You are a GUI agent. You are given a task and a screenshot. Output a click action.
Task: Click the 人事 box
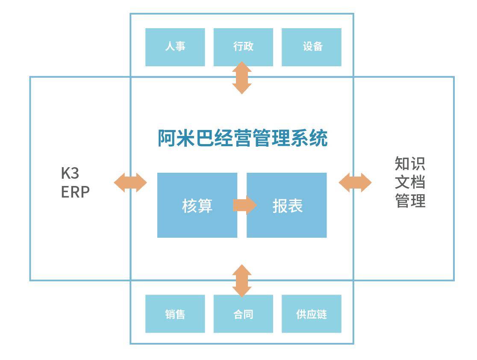175,47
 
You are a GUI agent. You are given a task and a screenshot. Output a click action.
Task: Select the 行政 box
243,47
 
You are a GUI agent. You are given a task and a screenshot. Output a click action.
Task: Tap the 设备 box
311,47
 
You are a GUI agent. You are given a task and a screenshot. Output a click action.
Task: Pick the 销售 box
175,314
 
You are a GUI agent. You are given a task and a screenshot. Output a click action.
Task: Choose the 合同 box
243,314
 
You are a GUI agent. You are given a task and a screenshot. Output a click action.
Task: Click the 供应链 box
311,314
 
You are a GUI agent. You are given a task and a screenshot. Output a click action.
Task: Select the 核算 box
197,205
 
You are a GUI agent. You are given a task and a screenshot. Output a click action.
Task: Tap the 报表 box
287,205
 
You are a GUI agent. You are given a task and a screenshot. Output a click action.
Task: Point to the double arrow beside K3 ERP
130,183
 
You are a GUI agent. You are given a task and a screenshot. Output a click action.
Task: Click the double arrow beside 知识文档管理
355,183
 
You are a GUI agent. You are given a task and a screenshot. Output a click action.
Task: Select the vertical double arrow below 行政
242,77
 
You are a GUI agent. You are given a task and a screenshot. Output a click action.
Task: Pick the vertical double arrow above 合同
242,280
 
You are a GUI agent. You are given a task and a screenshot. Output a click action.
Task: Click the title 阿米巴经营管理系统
242,138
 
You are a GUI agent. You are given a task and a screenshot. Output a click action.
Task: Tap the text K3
70,173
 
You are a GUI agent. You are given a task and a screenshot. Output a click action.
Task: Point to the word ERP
75,192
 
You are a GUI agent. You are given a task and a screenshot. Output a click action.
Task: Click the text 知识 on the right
410,163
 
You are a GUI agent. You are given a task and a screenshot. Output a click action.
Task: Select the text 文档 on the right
410,182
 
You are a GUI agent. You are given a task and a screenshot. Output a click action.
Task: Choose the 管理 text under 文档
410,200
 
